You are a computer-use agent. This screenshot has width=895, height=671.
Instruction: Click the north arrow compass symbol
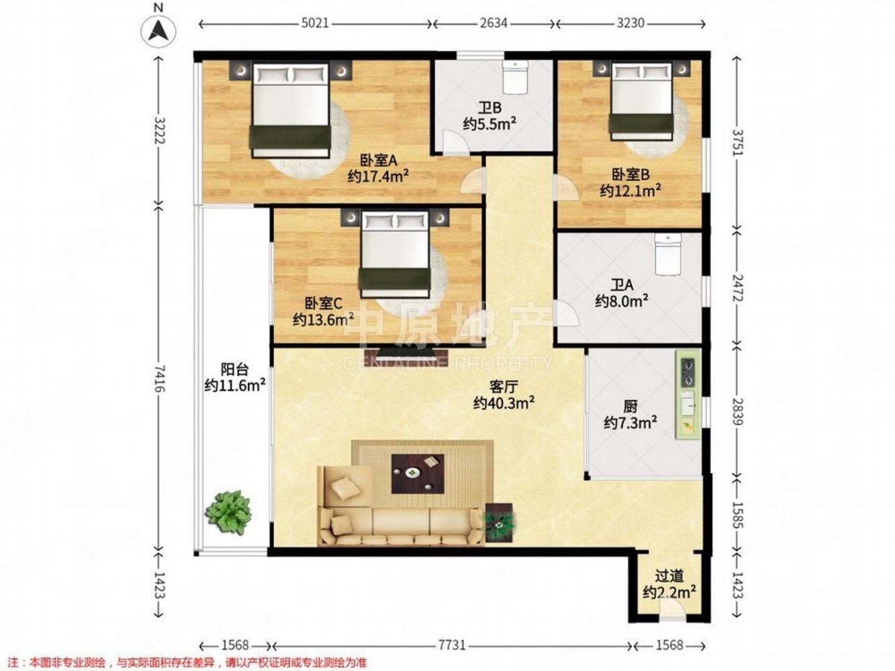pos(158,31)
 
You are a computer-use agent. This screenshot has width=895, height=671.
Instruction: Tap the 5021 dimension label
pos(315,23)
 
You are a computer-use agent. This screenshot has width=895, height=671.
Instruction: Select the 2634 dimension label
pos(493,23)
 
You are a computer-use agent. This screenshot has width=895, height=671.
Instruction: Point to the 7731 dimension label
pos(452,645)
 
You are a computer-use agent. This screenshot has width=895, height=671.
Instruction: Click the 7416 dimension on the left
pos(160,378)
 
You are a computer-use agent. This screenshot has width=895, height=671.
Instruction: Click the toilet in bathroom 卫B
pos(516,77)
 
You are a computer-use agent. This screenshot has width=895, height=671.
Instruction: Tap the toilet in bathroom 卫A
pos(668,254)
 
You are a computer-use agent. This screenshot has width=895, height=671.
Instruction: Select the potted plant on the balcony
pos(229,512)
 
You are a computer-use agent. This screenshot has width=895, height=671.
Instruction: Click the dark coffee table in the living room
pos(418,474)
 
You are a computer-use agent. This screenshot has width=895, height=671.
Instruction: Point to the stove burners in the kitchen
pos(688,372)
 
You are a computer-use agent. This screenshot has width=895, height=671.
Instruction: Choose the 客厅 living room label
pos(504,386)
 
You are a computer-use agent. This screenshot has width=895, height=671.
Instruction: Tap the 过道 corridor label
pos(669,576)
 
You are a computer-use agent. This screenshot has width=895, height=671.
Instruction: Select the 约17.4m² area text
pos(378,177)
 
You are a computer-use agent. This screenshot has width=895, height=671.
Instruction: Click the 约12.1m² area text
pos(630,191)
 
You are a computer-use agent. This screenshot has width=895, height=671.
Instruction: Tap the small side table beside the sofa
pos(499,523)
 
